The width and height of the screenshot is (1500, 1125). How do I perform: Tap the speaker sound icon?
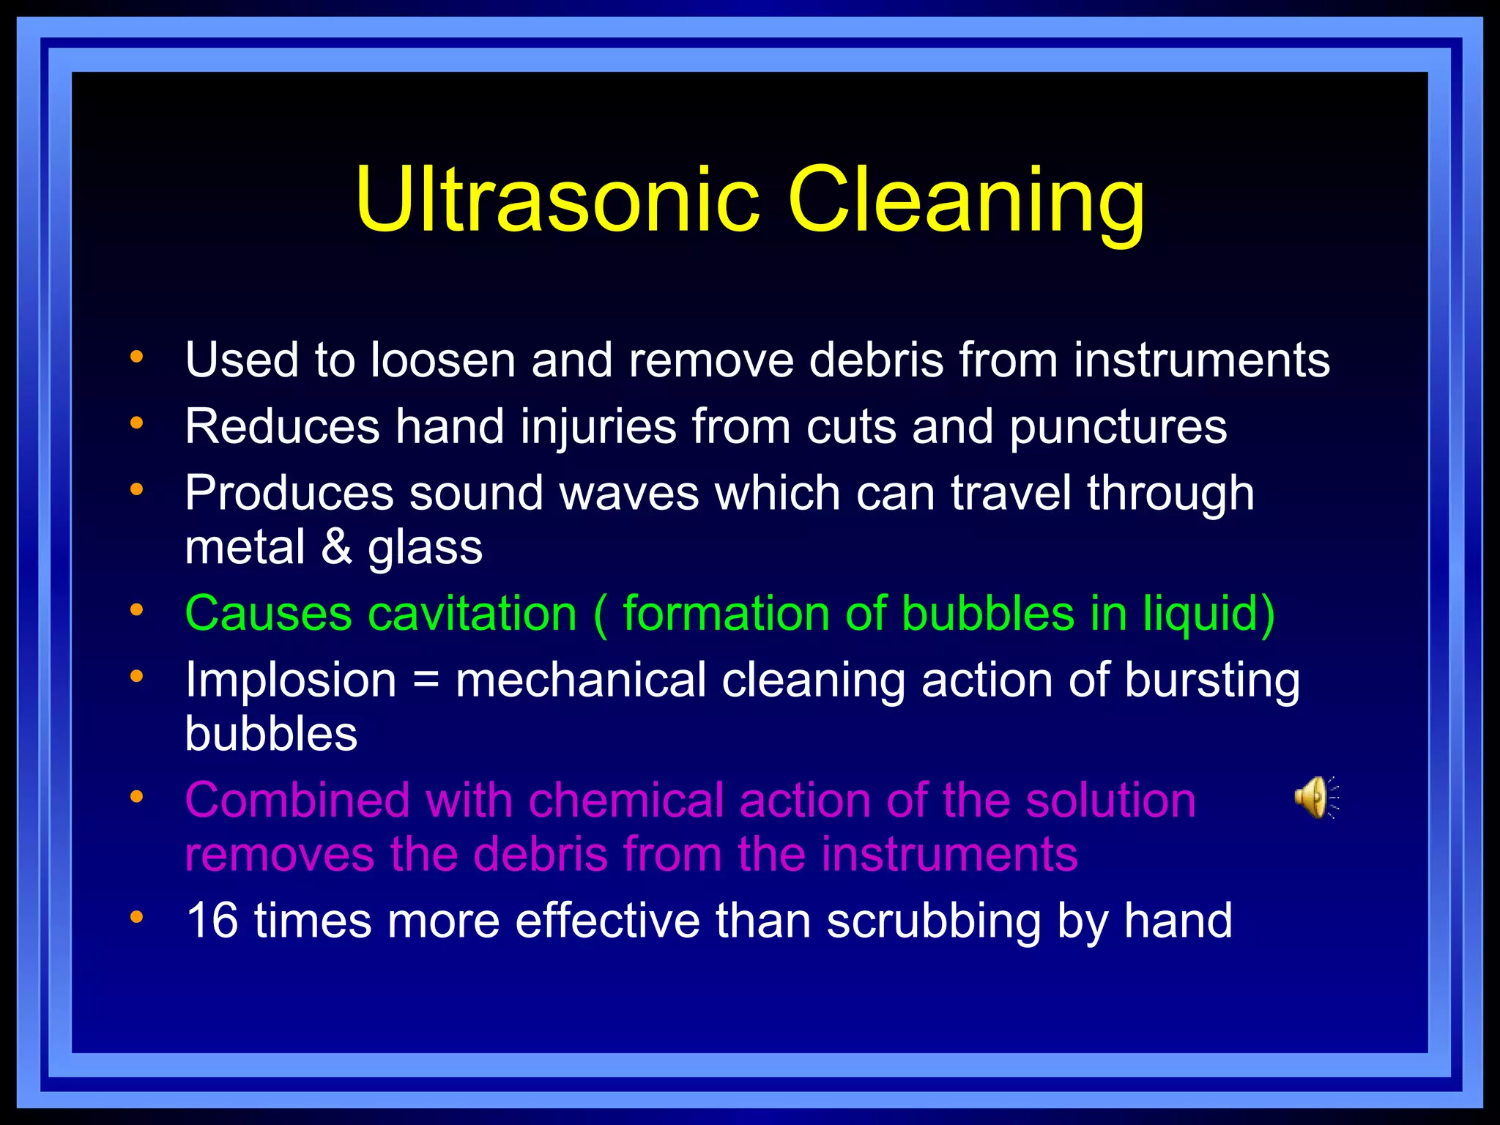[x=1315, y=797]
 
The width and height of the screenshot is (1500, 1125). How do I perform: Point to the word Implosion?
[x=291, y=680]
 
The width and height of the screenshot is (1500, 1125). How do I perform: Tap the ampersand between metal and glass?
[x=336, y=547]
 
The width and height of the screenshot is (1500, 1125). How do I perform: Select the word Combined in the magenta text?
[x=297, y=800]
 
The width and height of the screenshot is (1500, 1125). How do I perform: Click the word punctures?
[x=1118, y=428]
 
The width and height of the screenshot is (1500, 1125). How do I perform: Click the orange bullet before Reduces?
[x=136, y=423]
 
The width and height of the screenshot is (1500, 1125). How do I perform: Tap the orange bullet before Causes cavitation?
[x=136, y=609]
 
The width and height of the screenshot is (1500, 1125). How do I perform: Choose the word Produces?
[x=289, y=493]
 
